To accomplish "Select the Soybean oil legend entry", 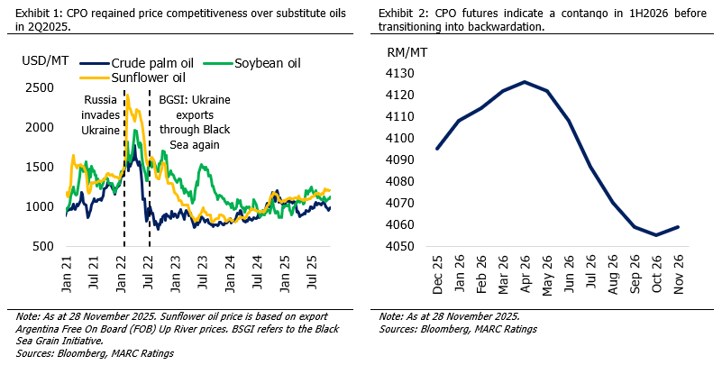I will pos(267,63).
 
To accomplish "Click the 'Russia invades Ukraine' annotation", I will pos(100,114).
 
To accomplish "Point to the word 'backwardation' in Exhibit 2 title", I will pos(500,27).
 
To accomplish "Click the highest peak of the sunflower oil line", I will pos(127,95).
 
